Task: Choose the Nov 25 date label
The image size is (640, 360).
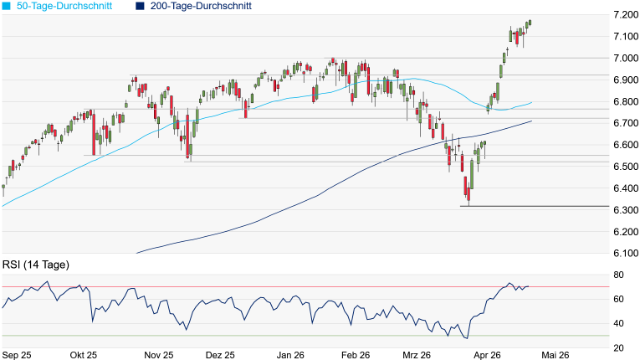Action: [x=158, y=355]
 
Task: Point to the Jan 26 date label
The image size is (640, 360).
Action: [x=290, y=355]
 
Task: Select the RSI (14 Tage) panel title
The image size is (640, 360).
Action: [x=35, y=265]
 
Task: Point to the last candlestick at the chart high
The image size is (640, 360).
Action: [x=530, y=23]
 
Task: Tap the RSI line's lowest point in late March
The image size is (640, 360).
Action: [x=466, y=338]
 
